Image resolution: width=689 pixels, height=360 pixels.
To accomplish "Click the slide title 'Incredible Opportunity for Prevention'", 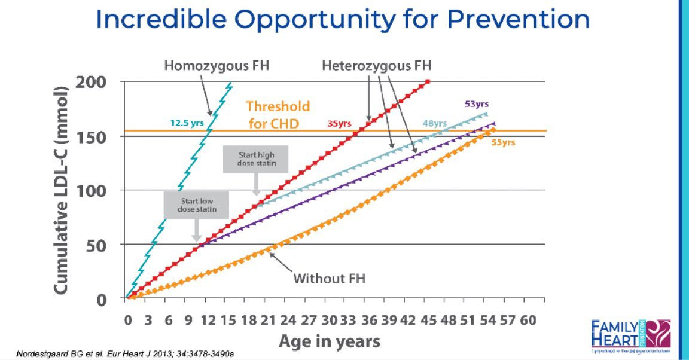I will tap(343, 20).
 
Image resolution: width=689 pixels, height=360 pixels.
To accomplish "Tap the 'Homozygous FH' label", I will tap(217, 64).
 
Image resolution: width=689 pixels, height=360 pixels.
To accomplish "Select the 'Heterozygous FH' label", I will tap(377, 64).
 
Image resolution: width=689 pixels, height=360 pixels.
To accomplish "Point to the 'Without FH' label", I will tap(329, 279).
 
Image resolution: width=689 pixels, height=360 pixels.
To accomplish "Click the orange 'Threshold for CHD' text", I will tap(278, 114).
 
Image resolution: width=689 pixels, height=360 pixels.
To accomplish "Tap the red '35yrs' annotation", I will tap(339, 124).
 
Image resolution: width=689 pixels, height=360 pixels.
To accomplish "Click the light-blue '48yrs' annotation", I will tap(435, 124).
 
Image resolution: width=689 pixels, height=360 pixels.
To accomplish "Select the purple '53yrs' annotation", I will tap(476, 104).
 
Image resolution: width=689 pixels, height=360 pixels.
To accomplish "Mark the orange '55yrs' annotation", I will tap(502, 142).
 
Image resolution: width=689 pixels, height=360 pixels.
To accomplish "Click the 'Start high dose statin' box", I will tap(255, 159).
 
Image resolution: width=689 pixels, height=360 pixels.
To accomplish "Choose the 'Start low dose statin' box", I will tap(196, 205).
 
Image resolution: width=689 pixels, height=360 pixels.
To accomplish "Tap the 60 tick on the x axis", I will tap(528, 321).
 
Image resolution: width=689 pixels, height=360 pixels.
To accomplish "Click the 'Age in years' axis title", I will tap(329, 341).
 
